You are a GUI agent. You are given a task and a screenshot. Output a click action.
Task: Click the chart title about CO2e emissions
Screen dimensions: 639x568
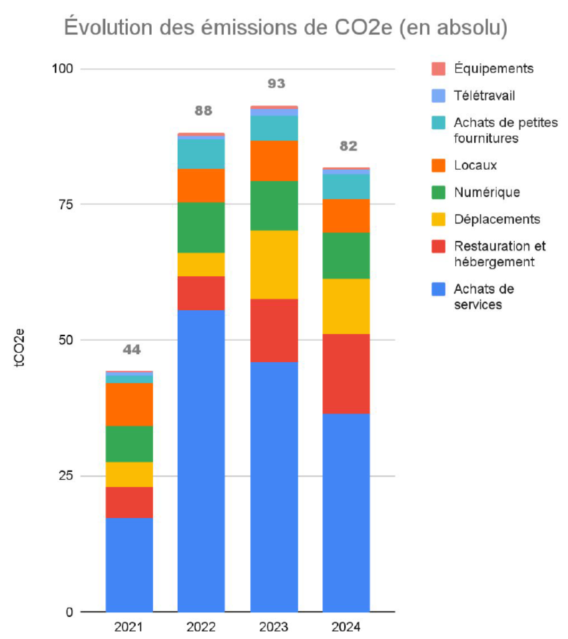pyautogui.click(x=286, y=28)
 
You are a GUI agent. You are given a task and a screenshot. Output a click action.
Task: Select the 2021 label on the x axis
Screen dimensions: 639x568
pyautogui.click(x=129, y=628)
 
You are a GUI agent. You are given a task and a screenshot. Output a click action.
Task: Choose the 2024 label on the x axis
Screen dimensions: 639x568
pyautogui.click(x=346, y=628)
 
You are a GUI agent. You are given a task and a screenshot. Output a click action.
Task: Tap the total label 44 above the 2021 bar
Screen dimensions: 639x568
pyautogui.click(x=131, y=350)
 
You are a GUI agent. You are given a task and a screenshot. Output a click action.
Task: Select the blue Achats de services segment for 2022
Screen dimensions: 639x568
pyautogui.click(x=201, y=459)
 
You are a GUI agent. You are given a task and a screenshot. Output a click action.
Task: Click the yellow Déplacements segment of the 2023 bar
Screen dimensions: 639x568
pyautogui.click(x=274, y=265)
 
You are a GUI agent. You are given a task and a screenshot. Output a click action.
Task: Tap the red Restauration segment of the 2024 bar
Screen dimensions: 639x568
pyautogui.click(x=346, y=373)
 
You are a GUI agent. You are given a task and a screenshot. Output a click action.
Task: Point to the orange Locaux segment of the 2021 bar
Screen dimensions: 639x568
pyautogui.click(x=129, y=404)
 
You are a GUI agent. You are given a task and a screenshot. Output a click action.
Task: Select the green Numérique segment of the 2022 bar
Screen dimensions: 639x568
pyautogui.click(x=201, y=228)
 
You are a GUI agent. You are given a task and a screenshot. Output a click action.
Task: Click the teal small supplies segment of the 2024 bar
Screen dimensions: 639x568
pyautogui.click(x=346, y=187)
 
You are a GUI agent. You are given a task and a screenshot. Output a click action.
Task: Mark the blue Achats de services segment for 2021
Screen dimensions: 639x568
pyautogui.click(x=129, y=564)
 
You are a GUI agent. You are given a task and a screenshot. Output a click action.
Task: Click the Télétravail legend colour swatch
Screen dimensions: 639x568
pyautogui.click(x=437, y=96)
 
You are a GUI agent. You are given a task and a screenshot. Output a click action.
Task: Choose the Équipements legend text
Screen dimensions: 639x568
pyautogui.click(x=493, y=69)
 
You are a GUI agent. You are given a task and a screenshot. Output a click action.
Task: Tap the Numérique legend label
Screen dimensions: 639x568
pyautogui.click(x=487, y=192)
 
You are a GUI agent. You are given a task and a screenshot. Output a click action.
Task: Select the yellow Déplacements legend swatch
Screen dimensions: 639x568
pyautogui.click(x=437, y=220)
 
